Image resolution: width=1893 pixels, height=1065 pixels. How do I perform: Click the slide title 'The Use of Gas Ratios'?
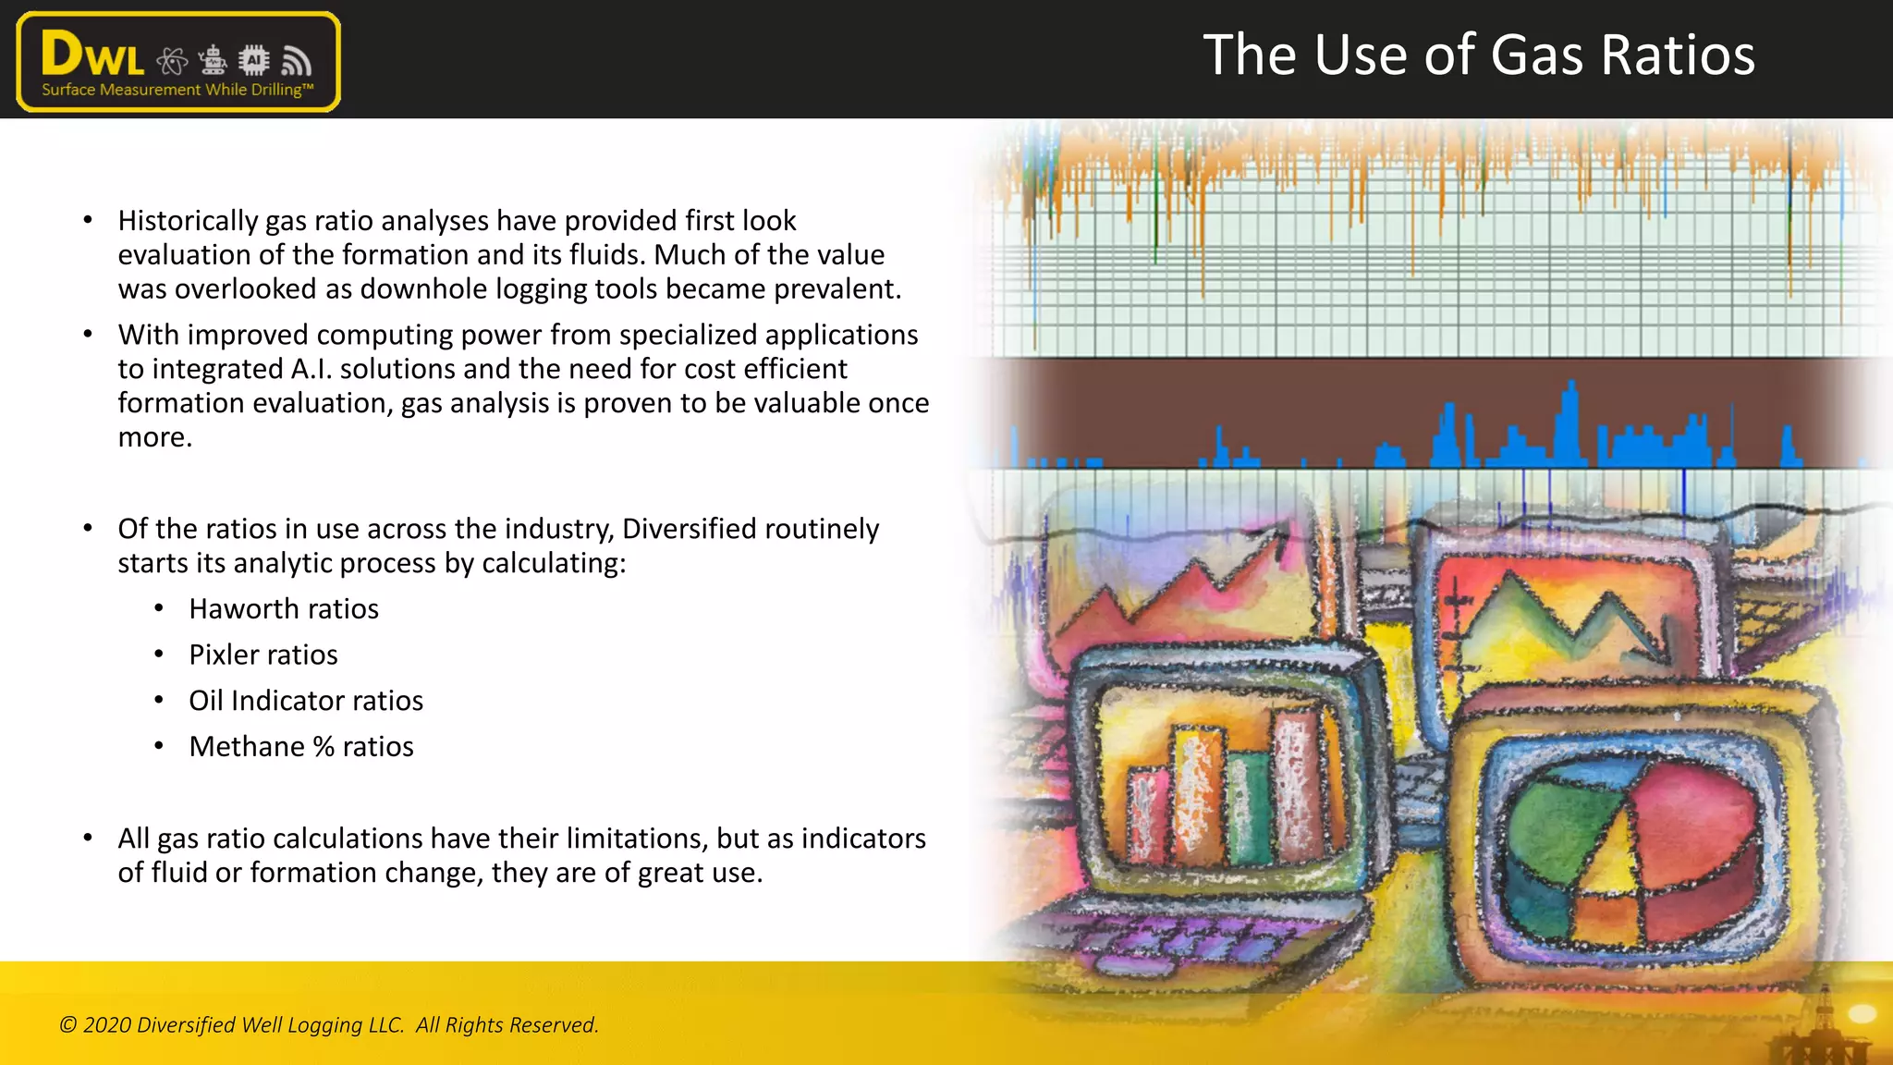point(1478,55)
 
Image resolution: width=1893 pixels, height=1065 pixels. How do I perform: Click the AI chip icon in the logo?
point(253,61)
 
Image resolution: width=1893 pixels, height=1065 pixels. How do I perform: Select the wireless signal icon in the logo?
point(296,61)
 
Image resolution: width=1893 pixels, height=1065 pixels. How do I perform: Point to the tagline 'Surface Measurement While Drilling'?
point(177,90)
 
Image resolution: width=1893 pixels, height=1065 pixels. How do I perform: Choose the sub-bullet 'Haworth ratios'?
point(284,609)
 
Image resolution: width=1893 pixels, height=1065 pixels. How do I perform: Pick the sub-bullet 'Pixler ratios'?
point(263,655)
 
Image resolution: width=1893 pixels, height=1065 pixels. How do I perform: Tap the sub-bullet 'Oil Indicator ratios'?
point(306,701)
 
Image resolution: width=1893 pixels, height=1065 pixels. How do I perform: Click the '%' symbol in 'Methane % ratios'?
point(324,747)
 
